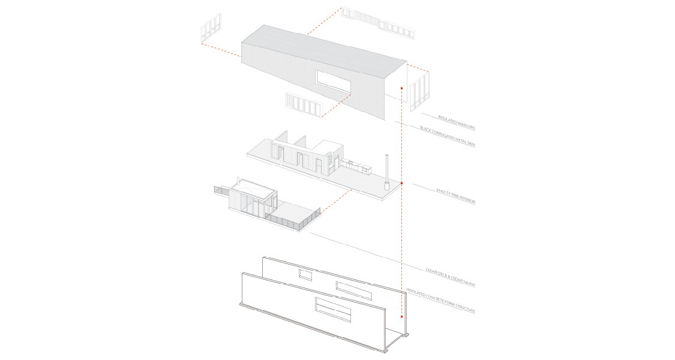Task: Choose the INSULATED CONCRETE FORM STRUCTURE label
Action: (441, 301)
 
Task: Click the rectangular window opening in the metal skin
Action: (333, 82)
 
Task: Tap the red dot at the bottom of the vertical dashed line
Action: (401, 316)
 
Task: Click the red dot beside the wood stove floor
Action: (401, 183)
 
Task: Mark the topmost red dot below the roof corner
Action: (401, 88)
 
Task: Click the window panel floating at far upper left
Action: (211, 29)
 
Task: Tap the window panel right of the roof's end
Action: (418, 91)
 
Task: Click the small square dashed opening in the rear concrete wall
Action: (305, 275)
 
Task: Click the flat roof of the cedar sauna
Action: (252, 188)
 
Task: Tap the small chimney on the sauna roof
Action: (239, 179)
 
